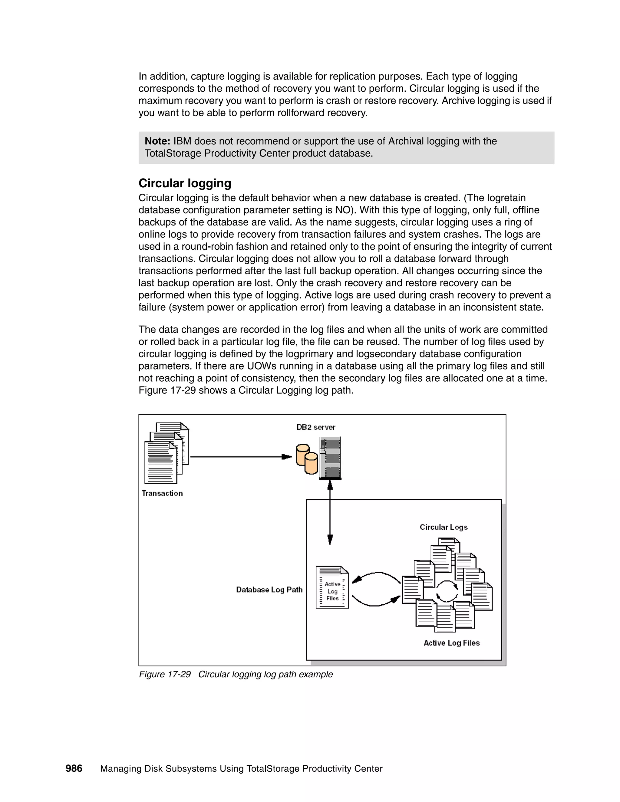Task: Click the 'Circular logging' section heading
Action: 185,183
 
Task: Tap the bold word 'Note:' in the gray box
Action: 157,141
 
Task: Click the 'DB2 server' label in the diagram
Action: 316,427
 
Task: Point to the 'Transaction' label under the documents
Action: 162,494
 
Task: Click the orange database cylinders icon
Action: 307,459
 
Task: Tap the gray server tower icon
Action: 330,458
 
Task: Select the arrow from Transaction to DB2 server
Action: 241,457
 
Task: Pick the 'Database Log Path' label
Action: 269,590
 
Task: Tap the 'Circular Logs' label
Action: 443,527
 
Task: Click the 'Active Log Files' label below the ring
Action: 451,643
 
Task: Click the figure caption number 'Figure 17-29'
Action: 165,675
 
